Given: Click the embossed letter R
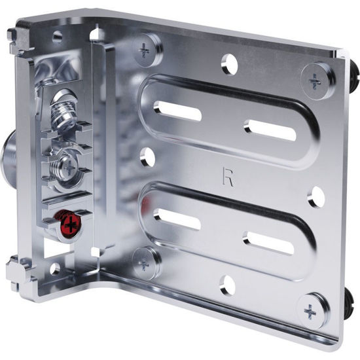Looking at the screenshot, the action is (x=228, y=177).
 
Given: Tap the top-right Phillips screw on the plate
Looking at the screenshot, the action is (x=315, y=81).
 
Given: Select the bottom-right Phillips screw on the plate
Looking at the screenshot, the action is (x=312, y=312).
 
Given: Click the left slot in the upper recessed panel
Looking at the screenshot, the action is (x=177, y=111).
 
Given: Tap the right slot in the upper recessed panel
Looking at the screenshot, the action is (x=270, y=130).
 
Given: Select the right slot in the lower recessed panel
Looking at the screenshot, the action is (x=268, y=243).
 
